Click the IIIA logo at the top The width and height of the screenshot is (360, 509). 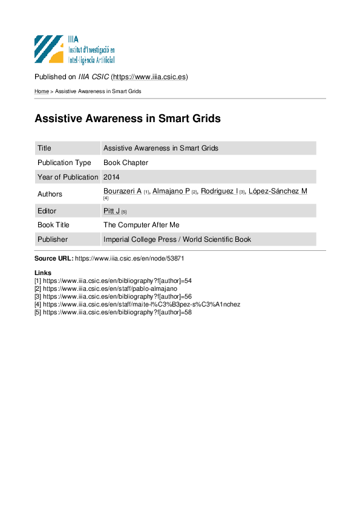[74, 50]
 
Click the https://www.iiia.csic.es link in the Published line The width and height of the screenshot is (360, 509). [149, 77]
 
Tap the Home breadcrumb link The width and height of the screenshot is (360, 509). [42, 91]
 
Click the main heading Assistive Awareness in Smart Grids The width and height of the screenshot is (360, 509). [128, 118]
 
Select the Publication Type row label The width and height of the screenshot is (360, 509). [64, 163]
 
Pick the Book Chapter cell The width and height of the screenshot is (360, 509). [126, 163]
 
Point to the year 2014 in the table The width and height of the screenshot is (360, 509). [111, 177]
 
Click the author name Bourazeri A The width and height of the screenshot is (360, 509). [122, 191]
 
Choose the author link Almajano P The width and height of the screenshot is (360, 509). [171, 191]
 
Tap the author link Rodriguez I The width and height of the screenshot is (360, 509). [219, 191]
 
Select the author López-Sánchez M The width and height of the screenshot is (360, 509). [278, 191]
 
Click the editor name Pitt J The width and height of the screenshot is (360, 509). [111, 211]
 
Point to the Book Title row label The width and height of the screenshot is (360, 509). [53, 225]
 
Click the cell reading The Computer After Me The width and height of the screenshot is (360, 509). [142, 225]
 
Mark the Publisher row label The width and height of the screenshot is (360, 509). [53, 239]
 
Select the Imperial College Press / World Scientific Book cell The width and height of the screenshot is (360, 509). [177, 239]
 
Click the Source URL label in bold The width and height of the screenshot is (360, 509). [54, 258]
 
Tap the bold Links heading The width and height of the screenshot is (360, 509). [43, 273]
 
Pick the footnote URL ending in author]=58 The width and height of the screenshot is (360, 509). [117, 313]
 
